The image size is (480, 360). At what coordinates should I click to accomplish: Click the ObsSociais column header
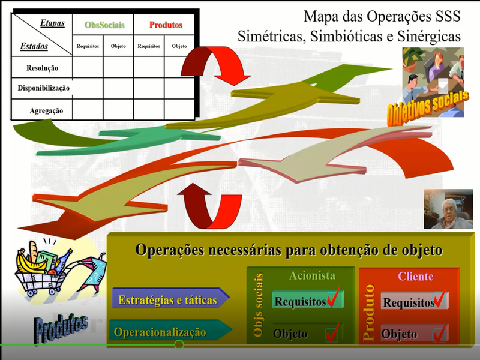(104, 25)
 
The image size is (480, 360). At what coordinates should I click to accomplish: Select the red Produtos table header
(166, 25)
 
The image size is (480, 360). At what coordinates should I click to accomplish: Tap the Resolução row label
(42, 68)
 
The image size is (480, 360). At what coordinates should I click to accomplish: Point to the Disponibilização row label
(43, 88)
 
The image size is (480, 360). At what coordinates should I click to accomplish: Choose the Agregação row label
(46, 110)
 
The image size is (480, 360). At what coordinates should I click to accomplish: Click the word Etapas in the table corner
(52, 23)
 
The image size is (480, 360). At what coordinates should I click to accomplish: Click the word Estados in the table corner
(34, 46)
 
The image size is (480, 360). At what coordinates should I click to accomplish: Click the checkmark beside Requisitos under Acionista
(334, 297)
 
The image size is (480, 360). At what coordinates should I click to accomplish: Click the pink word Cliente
(415, 276)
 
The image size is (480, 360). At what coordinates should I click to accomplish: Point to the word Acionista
(312, 275)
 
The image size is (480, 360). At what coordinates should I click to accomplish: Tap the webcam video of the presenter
(448, 209)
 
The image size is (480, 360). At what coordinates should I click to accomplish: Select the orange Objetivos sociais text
(427, 108)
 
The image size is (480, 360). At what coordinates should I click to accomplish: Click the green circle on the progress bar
(179, 345)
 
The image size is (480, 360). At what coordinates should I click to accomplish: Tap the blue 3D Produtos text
(61, 328)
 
